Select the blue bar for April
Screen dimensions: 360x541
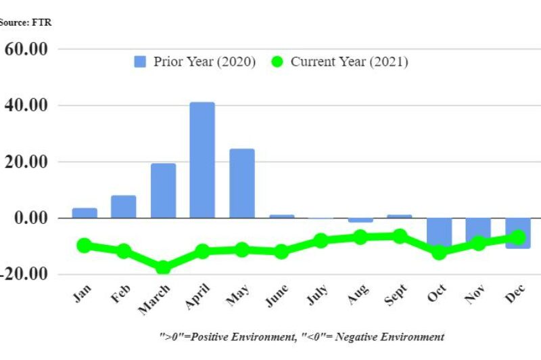point(202,160)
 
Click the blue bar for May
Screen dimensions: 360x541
point(241,183)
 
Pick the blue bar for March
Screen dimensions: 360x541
point(163,190)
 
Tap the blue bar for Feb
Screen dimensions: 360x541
point(124,206)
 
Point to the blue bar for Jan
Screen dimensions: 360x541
point(85,212)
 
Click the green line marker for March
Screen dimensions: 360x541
point(163,267)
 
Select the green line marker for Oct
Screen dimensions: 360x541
point(440,252)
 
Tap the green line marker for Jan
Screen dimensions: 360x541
point(85,246)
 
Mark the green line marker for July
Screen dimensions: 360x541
point(321,240)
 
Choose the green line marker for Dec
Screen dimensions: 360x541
point(518,237)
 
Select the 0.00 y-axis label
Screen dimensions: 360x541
point(30,218)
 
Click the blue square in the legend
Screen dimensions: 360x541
point(140,62)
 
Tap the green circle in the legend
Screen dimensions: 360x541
point(277,62)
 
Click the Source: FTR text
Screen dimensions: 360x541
point(26,22)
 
